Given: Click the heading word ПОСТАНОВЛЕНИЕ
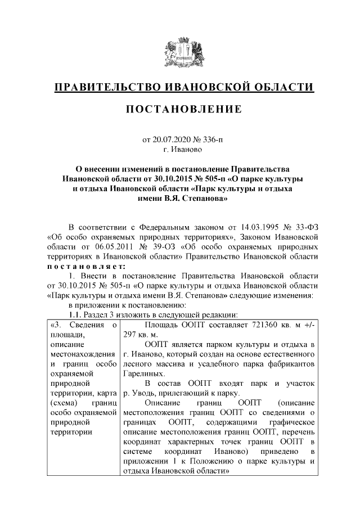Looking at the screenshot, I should (x=180, y=108).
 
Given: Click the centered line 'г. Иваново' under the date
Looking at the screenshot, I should (x=180, y=149).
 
